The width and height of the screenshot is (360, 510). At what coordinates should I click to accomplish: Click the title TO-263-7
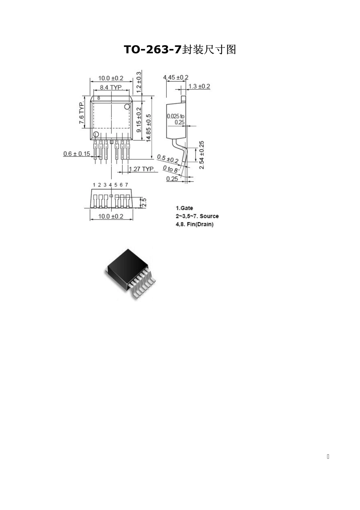tap(153, 49)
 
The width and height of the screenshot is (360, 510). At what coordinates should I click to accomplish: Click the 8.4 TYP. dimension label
tap(111, 87)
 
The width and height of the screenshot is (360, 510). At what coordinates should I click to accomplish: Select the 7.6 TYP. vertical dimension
tap(81, 113)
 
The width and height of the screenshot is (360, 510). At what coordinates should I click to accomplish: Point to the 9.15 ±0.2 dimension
tap(139, 119)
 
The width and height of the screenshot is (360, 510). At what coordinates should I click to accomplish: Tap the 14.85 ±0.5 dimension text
tap(149, 128)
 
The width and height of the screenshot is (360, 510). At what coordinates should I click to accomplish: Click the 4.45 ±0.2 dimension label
tap(176, 77)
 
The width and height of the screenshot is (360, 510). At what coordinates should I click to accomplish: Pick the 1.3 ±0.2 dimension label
tap(199, 86)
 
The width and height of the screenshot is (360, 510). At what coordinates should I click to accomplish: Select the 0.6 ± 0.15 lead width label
tap(77, 154)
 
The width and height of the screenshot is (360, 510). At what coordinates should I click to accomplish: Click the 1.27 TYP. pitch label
tap(142, 169)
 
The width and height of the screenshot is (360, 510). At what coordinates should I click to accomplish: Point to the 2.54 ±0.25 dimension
tap(202, 155)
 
